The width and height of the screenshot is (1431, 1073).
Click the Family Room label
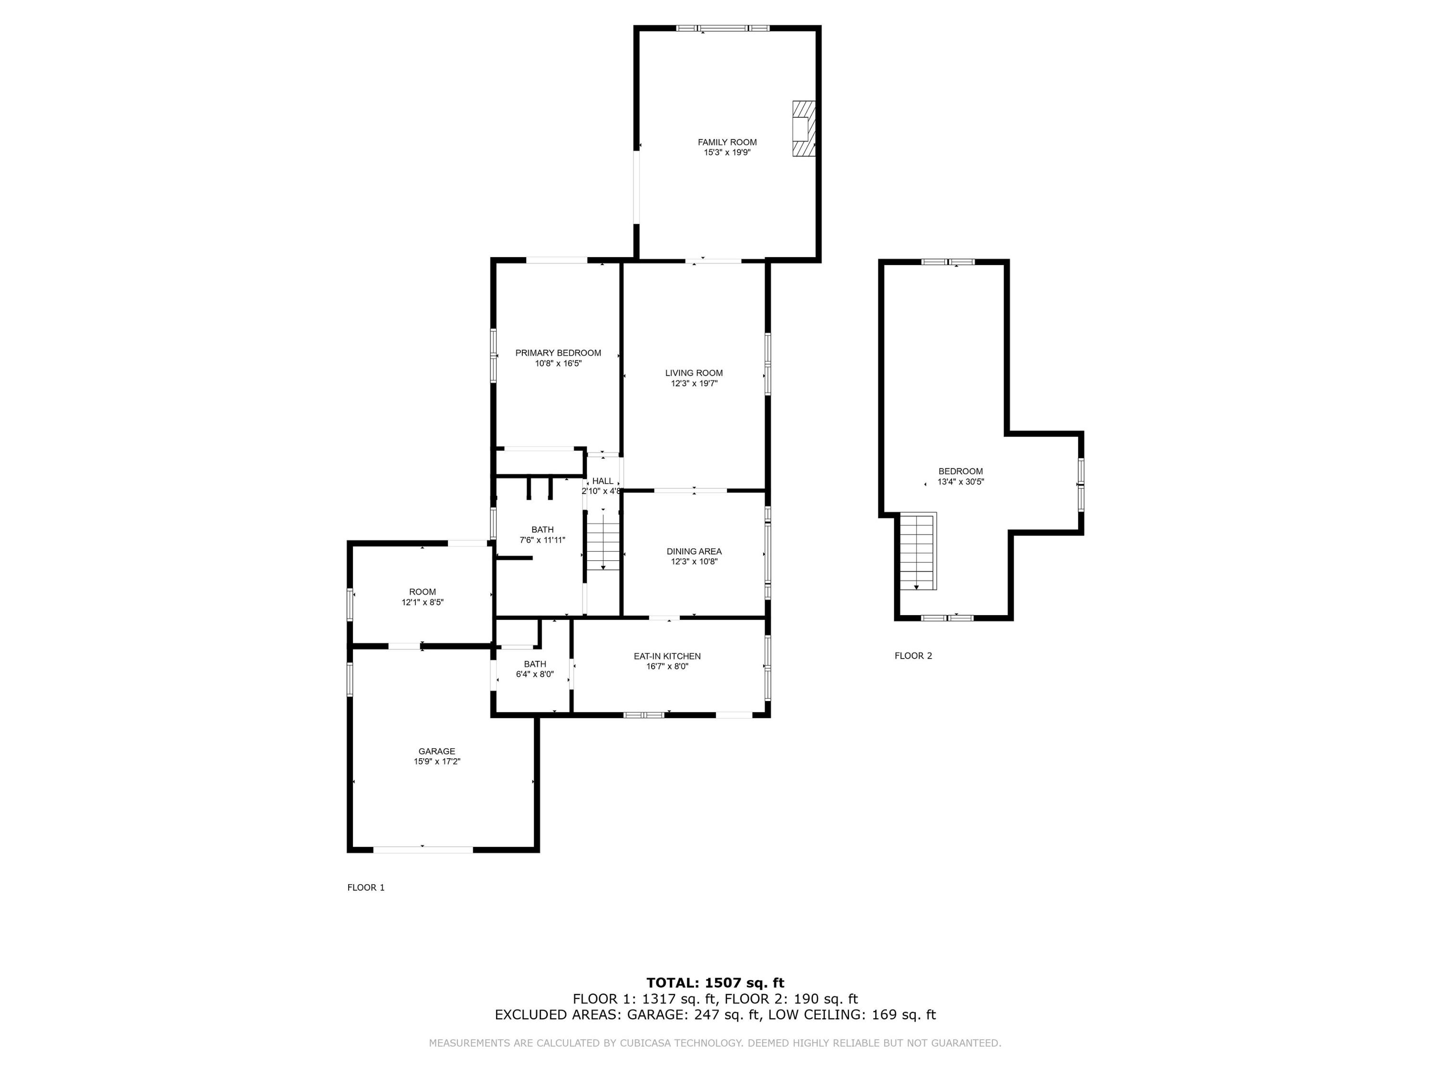727,142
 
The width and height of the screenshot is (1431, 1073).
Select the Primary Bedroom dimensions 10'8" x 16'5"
558,363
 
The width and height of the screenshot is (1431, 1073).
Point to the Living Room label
694,373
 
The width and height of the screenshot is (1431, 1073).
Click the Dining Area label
694,552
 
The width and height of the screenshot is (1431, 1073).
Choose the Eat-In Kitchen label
667,657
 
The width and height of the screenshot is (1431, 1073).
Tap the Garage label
436,752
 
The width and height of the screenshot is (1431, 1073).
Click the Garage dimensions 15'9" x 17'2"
436,762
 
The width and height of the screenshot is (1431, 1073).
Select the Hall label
602,481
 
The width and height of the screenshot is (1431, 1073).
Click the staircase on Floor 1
603,540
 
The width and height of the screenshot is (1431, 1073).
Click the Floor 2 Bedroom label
961,472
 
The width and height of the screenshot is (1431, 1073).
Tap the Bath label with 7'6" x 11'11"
543,530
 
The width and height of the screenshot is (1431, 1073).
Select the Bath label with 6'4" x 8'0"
535,664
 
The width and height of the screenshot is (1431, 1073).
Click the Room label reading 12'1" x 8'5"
423,592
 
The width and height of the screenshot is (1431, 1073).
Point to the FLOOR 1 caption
366,887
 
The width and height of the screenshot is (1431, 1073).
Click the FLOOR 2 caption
913,656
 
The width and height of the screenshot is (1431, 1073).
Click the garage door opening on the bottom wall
424,850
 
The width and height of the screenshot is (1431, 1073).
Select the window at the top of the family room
723,28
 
